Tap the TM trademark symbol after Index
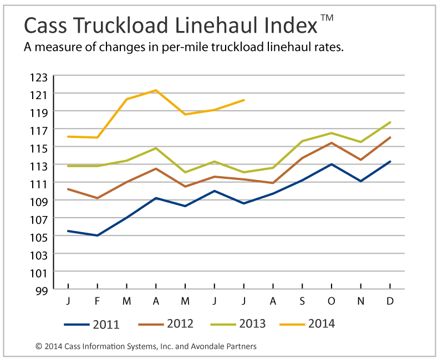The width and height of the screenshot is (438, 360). click(327, 18)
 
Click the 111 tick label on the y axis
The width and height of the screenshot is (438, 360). click(42, 183)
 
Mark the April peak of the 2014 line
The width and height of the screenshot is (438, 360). click(156, 90)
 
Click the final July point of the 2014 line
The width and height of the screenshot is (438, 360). click(244, 100)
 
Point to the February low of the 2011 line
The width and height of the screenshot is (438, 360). click(98, 235)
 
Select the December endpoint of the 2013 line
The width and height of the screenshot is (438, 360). click(390, 122)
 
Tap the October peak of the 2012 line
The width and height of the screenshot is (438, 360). click(332, 143)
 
